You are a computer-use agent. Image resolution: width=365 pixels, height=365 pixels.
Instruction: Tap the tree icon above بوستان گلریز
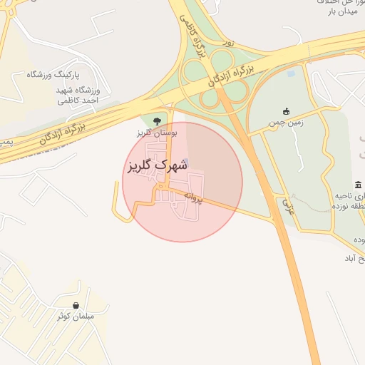click(157, 120)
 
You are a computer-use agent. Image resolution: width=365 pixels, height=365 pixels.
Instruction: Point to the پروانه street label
click(193, 196)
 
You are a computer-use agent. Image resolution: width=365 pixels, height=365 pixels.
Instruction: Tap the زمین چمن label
click(286, 123)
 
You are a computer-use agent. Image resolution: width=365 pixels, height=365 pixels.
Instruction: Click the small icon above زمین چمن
click(286, 111)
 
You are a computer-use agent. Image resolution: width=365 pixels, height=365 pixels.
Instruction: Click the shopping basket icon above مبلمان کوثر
click(76, 304)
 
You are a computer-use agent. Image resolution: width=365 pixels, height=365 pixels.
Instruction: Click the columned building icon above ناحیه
click(357, 185)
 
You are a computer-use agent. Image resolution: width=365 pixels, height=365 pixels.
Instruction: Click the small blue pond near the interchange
click(290, 72)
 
